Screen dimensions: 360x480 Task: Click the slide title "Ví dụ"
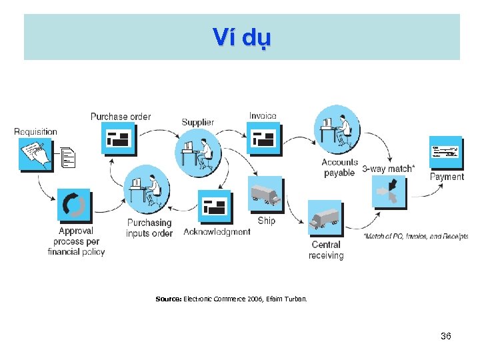click(x=241, y=37)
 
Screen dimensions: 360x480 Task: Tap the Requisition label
click(x=35, y=132)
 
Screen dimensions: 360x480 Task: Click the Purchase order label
click(x=121, y=117)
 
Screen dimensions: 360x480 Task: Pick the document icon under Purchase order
click(x=120, y=139)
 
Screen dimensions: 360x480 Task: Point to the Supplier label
click(x=197, y=122)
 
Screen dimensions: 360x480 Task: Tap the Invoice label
click(x=263, y=116)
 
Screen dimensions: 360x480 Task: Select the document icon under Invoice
click(x=263, y=139)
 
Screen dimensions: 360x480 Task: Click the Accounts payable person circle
click(x=337, y=129)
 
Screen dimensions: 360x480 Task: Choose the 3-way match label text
click(x=388, y=169)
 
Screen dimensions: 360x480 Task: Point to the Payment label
click(x=447, y=177)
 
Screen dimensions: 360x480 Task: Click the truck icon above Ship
click(x=265, y=194)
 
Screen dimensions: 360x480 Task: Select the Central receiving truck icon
click(x=325, y=219)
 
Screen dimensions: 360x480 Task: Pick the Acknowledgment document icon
click(x=215, y=206)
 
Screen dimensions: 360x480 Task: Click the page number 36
click(x=446, y=336)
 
